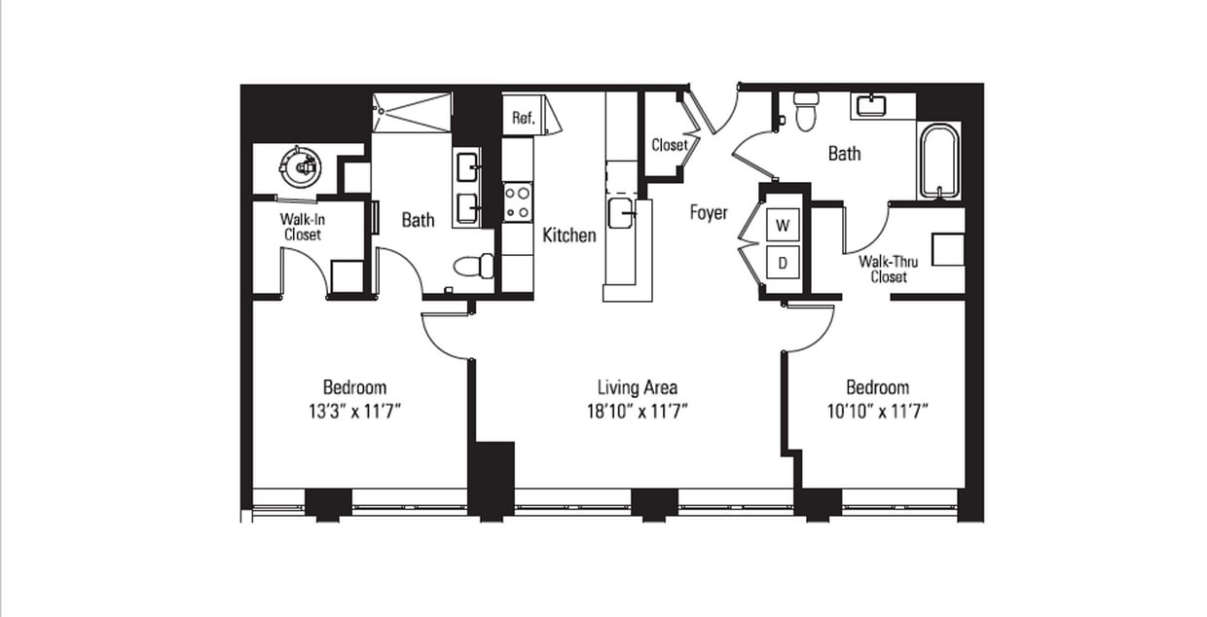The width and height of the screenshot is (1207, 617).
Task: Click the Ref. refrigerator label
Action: click(523, 119)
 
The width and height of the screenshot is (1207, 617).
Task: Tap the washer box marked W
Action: click(783, 226)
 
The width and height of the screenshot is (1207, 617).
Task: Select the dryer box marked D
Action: click(783, 261)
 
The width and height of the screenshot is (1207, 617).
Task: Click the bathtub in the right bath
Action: click(938, 160)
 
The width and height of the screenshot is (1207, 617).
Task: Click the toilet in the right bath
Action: click(805, 111)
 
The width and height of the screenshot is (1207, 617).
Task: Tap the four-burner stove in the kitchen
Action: click(517, 202)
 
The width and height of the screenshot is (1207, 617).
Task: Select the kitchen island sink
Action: click(620, 212)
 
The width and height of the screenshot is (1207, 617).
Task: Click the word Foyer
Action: click(708, 212)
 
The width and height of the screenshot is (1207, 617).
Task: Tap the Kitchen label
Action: click(568, 235)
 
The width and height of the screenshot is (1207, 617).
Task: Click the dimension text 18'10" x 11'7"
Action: click(638, 412)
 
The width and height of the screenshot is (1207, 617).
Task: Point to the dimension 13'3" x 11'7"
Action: click(354, 412)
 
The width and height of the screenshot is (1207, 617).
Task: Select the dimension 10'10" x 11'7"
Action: click(877, 412)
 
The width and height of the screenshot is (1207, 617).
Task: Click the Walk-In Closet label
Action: click(303, 227)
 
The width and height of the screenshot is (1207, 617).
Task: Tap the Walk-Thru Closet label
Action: click(883, 269)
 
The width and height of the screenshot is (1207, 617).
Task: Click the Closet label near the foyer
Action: click(669, 145)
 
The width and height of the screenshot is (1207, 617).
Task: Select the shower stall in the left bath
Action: click(413, 112)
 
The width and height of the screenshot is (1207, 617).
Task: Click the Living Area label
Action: click(638, 387)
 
